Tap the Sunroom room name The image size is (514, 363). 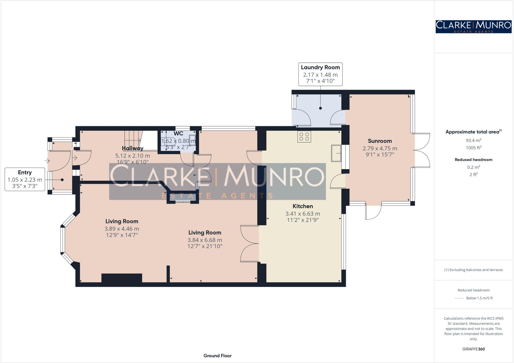[x=380, y=141]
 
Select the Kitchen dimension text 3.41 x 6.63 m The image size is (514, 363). [x=303, y=214]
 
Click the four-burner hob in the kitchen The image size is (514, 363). [x=304, y=137]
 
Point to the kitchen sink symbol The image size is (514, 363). [x=336, y=153]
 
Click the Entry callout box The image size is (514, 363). [x=25, y=179]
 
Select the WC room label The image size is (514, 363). [x=178, y=134]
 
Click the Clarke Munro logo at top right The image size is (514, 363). [x=474, y=27]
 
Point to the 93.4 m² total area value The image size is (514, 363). [x=474, y=140]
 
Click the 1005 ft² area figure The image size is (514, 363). [x=474, y=148]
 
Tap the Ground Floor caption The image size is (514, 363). [x=217, y=355]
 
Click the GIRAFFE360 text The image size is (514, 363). [x=473, y=349]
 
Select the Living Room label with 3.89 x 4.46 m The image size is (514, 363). [x=122, y=221]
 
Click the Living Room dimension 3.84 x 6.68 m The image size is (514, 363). [x=205, y=240]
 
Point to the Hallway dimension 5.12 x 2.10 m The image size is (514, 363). [x=133, y=156]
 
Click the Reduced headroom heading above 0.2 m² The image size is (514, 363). [x=473, y=160]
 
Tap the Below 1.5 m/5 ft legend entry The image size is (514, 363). [x=479, y=298]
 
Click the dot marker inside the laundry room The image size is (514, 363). [x=320, y=108]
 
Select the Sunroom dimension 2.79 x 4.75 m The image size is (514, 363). [x=380, y=148]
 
